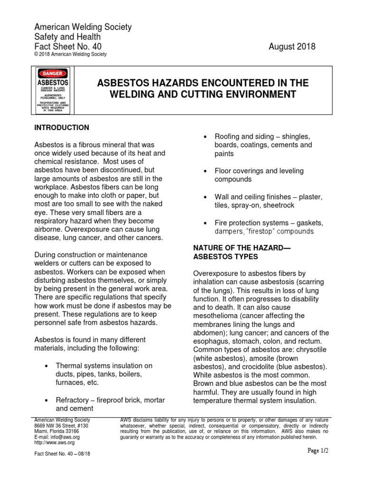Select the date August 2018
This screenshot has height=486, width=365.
(292, 47)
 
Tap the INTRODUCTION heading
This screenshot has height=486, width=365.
(62, 128)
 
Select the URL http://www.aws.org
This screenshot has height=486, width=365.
(55, 442)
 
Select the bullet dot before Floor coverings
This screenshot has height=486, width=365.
(204, 171)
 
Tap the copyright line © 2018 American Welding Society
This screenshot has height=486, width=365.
(71, 55)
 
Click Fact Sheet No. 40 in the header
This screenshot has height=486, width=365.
(67, 47)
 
